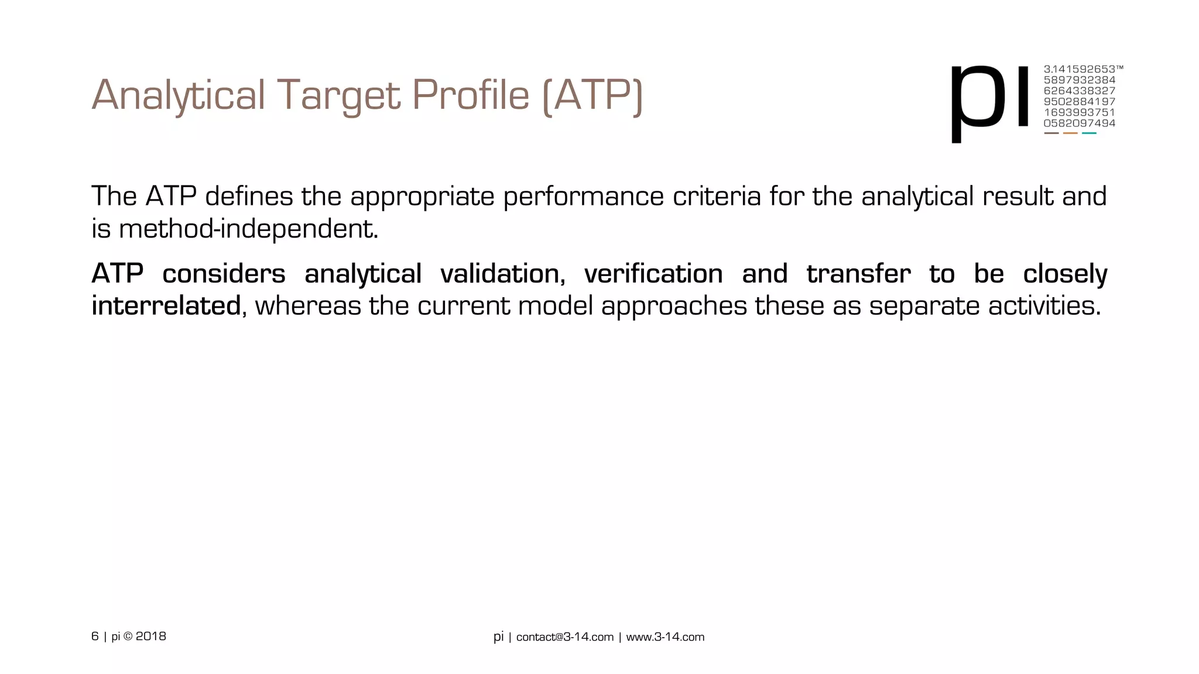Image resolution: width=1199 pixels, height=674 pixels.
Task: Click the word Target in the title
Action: click(x=338, y=95)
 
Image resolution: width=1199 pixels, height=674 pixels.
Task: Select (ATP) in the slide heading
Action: click(x=592, y=95)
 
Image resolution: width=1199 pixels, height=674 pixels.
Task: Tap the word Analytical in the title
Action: click(x=179, y=95)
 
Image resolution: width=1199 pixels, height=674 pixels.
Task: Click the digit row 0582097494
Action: click(x=1079, y=123)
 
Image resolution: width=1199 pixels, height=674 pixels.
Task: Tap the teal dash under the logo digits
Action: click(x=1089, y=133)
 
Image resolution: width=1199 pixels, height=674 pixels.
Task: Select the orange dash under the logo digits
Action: click(x=1070, y=133)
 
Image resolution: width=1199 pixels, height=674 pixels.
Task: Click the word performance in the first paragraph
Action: click(x=583, y=197)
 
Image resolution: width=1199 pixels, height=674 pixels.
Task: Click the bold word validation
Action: click(x=502, y=274)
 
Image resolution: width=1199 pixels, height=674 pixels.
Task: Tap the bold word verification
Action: click(x=653, y=274)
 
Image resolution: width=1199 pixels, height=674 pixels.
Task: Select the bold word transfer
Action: click(x=858, y=274)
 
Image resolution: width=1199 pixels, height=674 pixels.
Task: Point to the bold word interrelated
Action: click(x=166, y=306)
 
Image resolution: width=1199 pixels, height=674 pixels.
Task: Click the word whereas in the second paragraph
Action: click(x=308, y=306)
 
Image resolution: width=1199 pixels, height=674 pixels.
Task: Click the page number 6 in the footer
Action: click(x=95, y=637)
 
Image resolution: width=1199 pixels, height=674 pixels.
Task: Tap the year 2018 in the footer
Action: click(x=151, y=637)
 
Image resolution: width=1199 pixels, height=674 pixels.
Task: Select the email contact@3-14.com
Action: click(x=564, y=637)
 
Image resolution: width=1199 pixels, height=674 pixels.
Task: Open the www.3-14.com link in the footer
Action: click(x=665, y=637)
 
